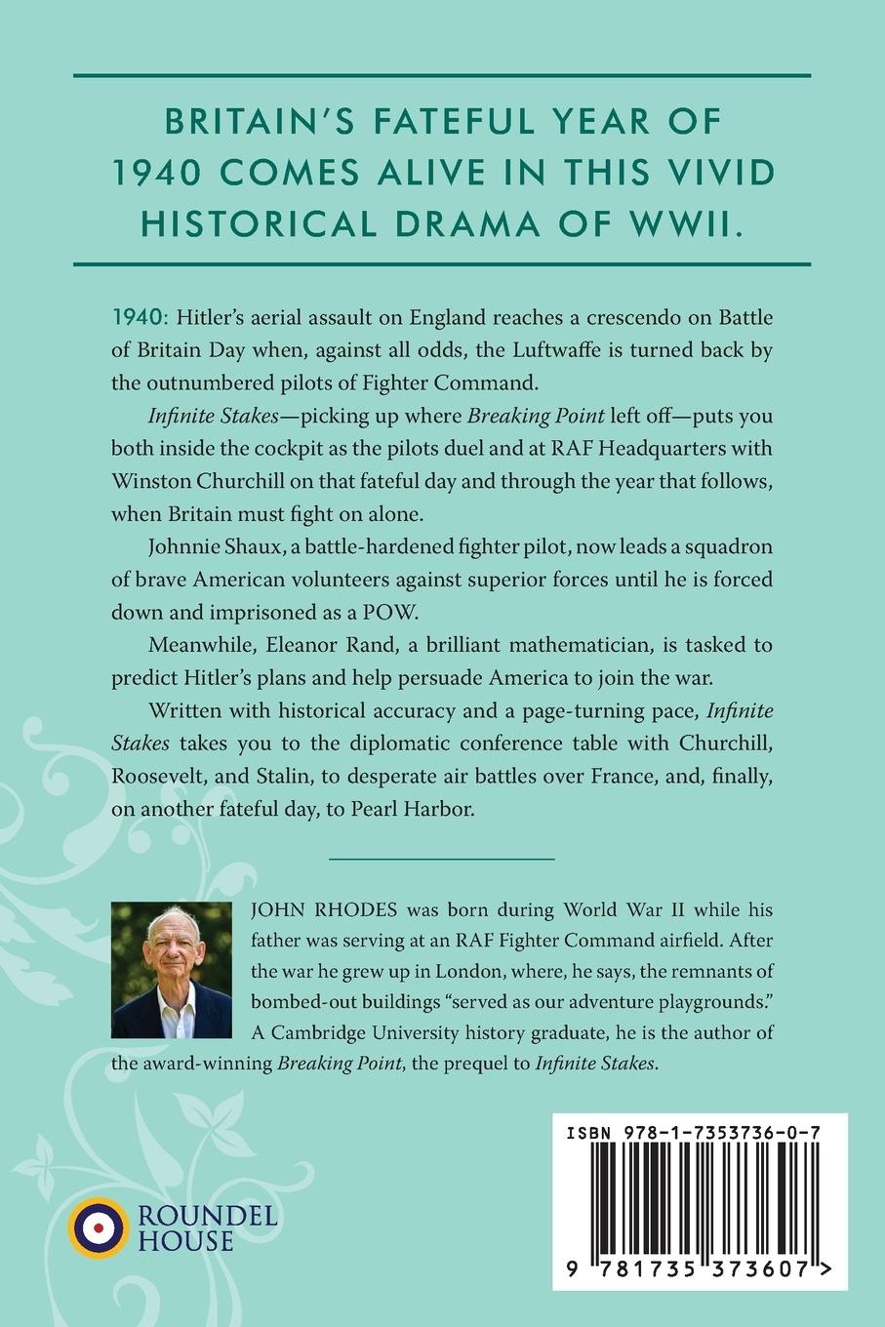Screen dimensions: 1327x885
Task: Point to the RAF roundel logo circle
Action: [x=98, y=1226]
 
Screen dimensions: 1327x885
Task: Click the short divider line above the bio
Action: [x=442, y=859]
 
